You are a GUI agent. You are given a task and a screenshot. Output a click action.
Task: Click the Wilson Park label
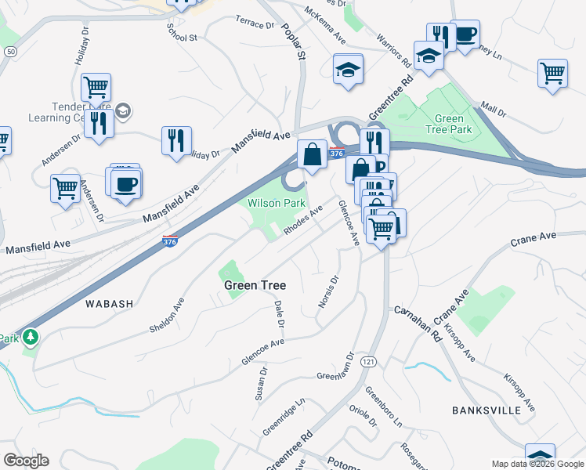coord(276,203)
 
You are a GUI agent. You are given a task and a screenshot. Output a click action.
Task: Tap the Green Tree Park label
coord(453,124)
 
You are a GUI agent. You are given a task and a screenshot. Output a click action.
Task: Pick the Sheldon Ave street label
coord(166,315)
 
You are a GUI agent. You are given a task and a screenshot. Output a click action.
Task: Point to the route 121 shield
coord(367,362)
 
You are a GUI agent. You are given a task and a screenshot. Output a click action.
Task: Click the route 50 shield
coord(9,51)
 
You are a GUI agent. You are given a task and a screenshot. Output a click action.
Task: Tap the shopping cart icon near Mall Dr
coord(553,74)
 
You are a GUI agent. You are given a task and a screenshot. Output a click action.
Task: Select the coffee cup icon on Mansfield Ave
coord(125,185)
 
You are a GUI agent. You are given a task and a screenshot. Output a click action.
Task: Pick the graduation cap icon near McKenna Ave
coord(348,69)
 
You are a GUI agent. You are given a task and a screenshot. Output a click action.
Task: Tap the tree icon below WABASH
coord(31,338)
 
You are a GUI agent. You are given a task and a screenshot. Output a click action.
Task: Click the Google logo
coord(26,461)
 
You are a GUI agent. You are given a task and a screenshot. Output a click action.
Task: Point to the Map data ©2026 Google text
coord(537,464)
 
